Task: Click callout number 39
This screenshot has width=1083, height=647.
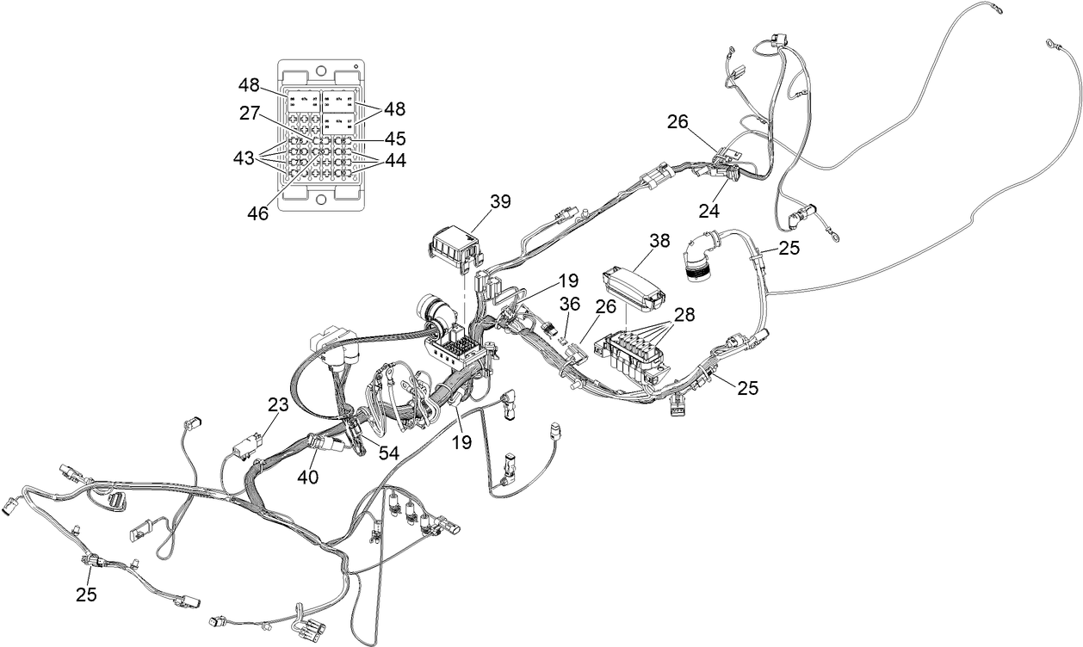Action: point(499,201)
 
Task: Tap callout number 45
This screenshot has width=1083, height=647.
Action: point(394,138)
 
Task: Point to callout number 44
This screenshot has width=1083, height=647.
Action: point(394,160)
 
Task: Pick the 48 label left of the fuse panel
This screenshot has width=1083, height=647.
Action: point(249,85)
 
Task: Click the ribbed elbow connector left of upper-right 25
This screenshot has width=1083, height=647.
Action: point(699,257)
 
